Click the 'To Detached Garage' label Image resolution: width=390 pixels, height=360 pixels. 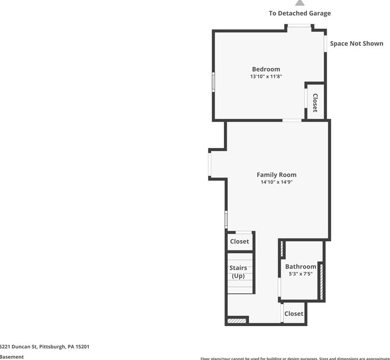(x=300, y=13)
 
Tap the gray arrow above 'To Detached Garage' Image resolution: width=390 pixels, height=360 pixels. (x=300, y=3)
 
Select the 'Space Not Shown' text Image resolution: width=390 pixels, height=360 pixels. (x=356, y=44)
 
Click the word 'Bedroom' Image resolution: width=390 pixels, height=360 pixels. (x=266, y=70)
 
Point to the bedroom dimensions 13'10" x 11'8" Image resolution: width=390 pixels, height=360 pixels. (x=266, y=77)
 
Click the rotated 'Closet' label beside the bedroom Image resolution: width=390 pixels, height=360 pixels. (x=315, y=102)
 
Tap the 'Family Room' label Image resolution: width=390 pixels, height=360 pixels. (x=276, y=175)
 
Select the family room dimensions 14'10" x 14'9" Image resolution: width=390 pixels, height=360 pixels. (x=276, y=182)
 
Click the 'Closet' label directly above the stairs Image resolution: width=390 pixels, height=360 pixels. (x=239, y=241)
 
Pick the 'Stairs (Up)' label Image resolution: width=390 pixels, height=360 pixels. (x=238, y=272)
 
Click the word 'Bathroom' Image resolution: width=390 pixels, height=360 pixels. (x=300, y=267)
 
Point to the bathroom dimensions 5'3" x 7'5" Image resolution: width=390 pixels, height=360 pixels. (x=300, y=274)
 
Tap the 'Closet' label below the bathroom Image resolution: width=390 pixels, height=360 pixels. (x=294, y=314)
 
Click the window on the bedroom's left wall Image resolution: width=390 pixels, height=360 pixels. (x=213, y=82)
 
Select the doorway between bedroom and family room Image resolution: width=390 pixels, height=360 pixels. (x=292, y=120)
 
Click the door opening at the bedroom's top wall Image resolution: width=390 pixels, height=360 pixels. (x=299, y=26)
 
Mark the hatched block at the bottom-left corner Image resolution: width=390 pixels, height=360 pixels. (x=237, y=321)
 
